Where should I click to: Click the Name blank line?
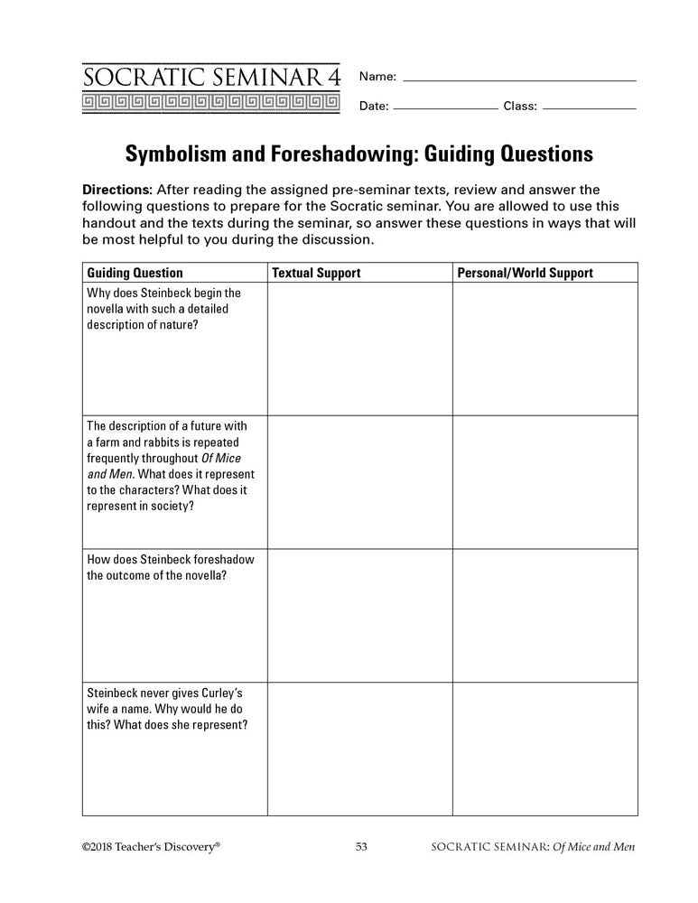click(x=518, y=79)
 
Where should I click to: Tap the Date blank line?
click(x=446, y=107)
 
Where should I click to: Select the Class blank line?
click(x=591, y=107)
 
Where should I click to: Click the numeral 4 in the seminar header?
click(x=335, y=77)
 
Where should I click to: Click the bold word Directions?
click(x=116, y=190)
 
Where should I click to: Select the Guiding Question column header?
click(x=135, y=273)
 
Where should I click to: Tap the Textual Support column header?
click(x=316, y=273)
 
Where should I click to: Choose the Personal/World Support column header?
click(x=526, y=273)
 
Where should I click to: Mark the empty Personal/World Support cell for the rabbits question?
click(x=544, y=482)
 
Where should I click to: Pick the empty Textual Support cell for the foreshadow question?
click(x=359, y=615)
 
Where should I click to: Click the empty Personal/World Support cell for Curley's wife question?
click(x=544, y=749)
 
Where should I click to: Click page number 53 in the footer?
click(x=361, y=847)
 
